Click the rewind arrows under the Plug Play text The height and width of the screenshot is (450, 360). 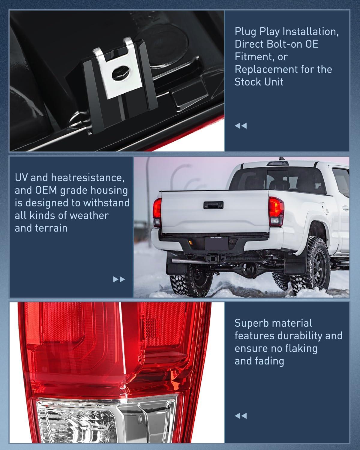[241, 126]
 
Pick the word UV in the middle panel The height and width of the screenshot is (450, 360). [21, 178]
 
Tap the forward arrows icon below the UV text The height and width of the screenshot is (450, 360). [119, 280]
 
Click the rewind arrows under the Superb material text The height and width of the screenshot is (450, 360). [241, 416]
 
